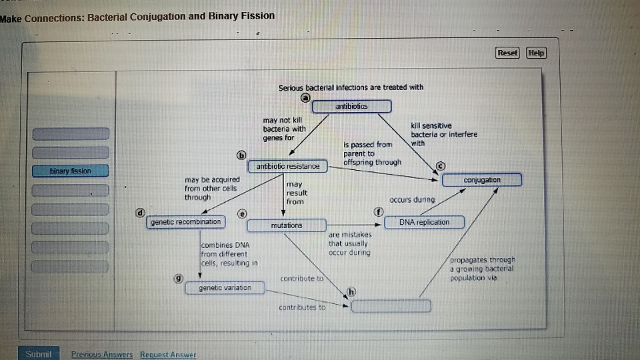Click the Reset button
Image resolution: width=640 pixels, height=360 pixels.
(507, 53)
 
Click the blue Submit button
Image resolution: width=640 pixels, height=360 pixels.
(38, 354)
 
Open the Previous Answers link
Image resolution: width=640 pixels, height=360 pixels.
(102, 355)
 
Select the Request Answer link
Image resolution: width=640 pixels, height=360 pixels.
(168, 355)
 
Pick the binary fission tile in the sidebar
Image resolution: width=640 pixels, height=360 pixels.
(70, 171)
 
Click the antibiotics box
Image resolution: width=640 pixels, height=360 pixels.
(351, 106)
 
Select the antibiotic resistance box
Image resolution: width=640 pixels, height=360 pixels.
(288, 166)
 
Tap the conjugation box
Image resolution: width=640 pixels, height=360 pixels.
(481, 180)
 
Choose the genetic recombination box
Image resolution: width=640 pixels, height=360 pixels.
(186, 222)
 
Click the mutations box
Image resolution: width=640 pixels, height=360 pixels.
(286, 225)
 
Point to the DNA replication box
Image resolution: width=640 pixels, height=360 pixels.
(424, 222)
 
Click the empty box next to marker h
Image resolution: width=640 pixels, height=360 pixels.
(391, 306)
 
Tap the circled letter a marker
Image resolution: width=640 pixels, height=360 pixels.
(305, 97)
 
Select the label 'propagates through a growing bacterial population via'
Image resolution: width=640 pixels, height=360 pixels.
(482, 269)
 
